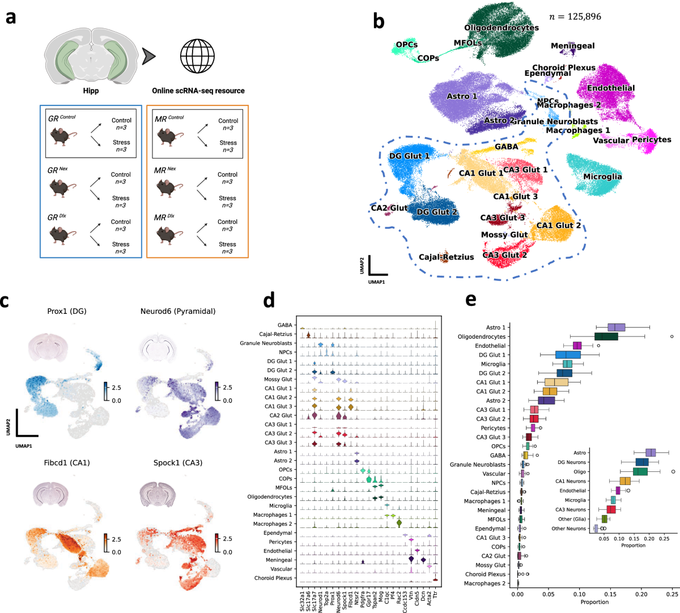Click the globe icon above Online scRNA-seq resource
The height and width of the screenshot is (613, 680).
tap(198, 56)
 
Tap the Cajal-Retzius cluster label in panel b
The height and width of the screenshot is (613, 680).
tap(446, 257)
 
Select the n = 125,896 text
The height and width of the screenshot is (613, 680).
tap(575, 16)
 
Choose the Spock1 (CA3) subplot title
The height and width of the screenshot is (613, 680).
tap(177, 463)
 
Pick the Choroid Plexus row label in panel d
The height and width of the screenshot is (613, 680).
tap(273, 578)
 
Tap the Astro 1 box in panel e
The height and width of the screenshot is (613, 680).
tap(616, 327)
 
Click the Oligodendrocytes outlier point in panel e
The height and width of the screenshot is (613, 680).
tap(671, 337)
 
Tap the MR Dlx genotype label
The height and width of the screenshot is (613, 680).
tap(165, 217)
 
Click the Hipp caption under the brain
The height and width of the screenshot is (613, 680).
tap(91, 91)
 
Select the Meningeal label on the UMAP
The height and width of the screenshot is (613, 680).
tap(572, 46)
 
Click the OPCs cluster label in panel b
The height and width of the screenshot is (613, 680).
tap(406, 45)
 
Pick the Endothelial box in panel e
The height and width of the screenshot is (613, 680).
tap(577, 346)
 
